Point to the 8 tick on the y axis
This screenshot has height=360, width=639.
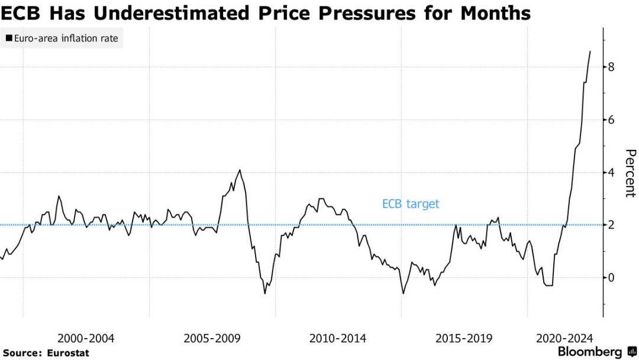612,67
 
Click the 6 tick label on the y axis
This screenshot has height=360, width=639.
612,120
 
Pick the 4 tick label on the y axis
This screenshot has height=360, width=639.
612,172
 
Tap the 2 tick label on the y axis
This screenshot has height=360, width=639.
612,225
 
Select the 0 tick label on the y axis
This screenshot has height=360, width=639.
612,277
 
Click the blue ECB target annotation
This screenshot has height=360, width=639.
411,204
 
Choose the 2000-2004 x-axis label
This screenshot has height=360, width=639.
86,339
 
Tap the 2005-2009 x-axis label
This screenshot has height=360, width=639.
212,339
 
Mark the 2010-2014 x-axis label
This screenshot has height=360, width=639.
337,339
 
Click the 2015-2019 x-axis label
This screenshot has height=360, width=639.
463,339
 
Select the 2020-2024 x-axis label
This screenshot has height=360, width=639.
564,339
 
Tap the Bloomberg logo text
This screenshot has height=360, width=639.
590,352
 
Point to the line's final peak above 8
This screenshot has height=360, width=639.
590,52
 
